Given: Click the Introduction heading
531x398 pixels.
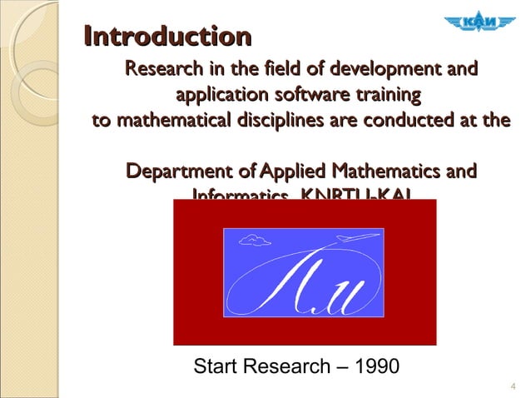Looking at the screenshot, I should [168, 37].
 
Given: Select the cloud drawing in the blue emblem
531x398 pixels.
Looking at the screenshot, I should [255, 241].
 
